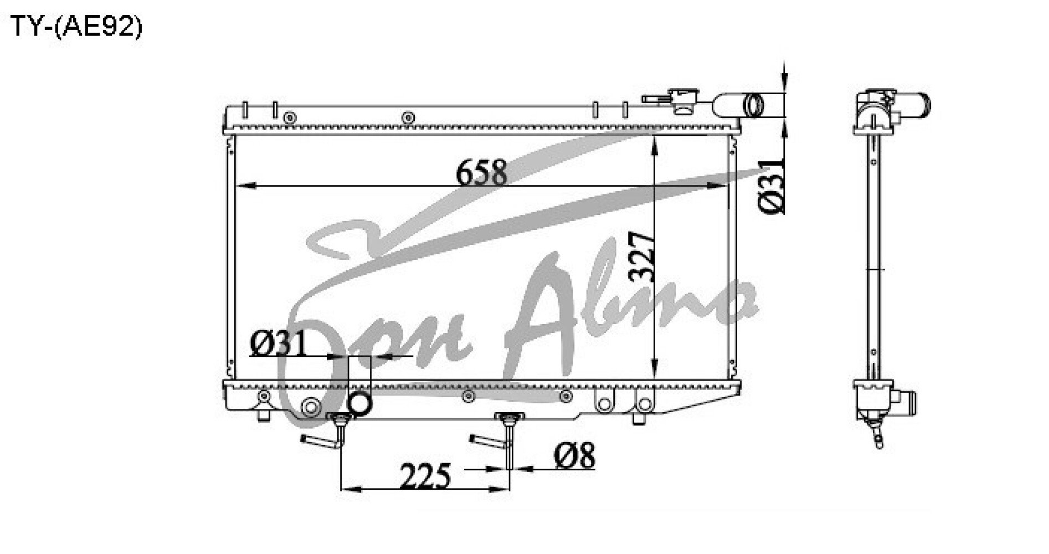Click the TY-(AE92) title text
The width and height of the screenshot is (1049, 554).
[x=76, y=26]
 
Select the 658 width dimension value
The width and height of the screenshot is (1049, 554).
[x=481, y=172]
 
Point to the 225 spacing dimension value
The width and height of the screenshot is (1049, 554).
[x=424, y=475]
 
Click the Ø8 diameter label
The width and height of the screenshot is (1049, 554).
[x=574, y=455]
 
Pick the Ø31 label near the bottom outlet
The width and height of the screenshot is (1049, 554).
[x=278, y=344]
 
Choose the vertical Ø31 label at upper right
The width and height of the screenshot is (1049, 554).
[x=772, y=185]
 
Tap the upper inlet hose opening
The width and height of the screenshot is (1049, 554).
[x=754, y=105]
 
